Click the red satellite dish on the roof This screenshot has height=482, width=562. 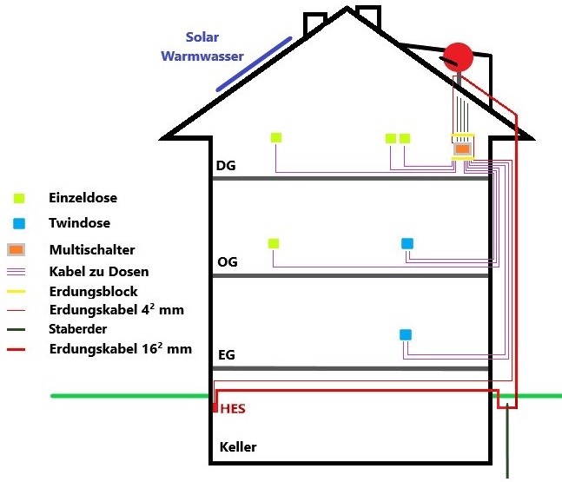(x=458, y=58)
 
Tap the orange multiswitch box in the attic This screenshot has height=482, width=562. (x=463, y=149)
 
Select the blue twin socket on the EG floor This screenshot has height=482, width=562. (x=405, y=334)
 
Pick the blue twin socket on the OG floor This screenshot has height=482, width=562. (x=407, y=243)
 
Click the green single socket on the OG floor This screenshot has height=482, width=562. (x=274, y=243)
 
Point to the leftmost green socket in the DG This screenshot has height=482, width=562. (x=276, y=137)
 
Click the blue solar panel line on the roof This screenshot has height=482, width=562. (x=254, y=63)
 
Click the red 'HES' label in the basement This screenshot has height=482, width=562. (x=233, y=407)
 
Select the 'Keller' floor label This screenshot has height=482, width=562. (x=238, y=448)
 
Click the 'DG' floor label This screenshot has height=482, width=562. (x=226, y=165)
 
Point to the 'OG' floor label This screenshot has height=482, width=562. (x=227, y=261)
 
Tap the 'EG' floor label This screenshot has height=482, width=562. (x=226, y=355)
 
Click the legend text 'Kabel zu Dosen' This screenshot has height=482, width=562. (x=96, y=271)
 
